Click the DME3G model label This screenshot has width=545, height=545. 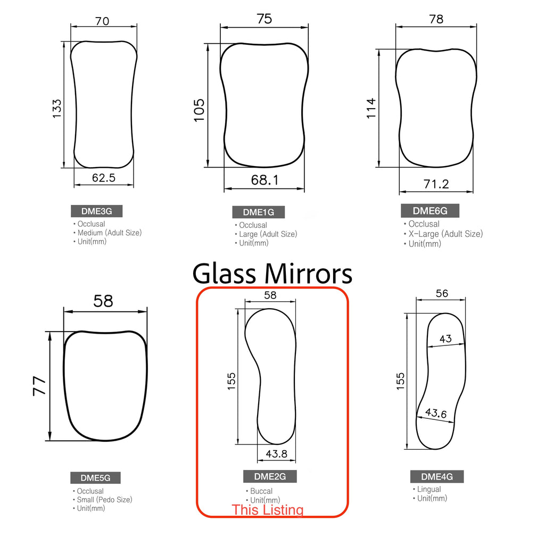(97, 211)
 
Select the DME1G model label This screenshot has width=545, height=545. (258, 212)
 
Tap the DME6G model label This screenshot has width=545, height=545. (430, 211)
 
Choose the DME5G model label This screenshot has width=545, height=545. (95, 478)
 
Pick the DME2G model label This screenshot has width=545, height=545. (270, 476)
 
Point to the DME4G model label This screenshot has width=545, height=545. (437, 476)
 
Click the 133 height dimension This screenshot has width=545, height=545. (56, 109)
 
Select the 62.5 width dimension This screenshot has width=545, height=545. (104, 178)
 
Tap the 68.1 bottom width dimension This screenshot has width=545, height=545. (265, 180)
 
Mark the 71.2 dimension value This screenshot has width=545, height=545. (436, 184)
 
